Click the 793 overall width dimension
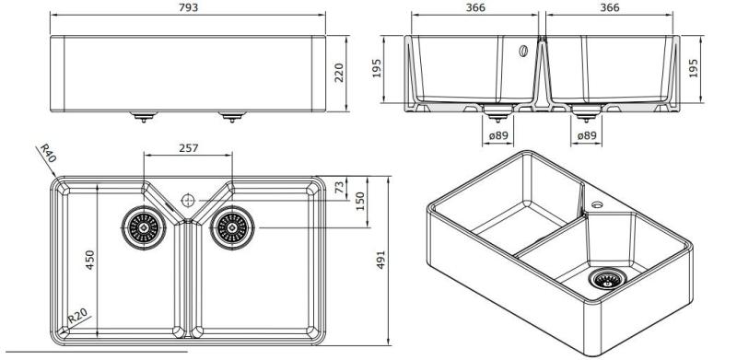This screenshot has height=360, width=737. point(189,7)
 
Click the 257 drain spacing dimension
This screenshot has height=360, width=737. point(188,147)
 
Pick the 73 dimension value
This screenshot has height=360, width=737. point(340,187)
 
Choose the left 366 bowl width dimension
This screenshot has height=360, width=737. point(475,7)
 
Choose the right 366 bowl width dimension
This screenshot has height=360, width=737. point(609,7)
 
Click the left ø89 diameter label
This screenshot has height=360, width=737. point(497,136)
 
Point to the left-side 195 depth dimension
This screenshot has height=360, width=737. point(377,70)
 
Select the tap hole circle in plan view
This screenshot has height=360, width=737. point(187,198)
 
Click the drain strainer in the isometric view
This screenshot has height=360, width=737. point(607,279)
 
